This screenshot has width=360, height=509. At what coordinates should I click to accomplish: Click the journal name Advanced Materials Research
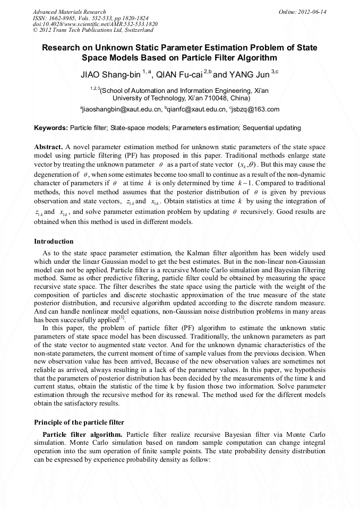pos(69,12)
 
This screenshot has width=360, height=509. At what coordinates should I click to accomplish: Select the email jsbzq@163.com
pos(256,109)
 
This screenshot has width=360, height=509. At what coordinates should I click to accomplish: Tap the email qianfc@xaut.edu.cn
pos(194,109)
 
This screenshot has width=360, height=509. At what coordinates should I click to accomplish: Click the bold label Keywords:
pos(51,128)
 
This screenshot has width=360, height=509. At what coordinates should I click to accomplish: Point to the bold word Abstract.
pos(48,146)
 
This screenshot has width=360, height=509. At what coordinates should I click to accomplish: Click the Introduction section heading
pos(54,241)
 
